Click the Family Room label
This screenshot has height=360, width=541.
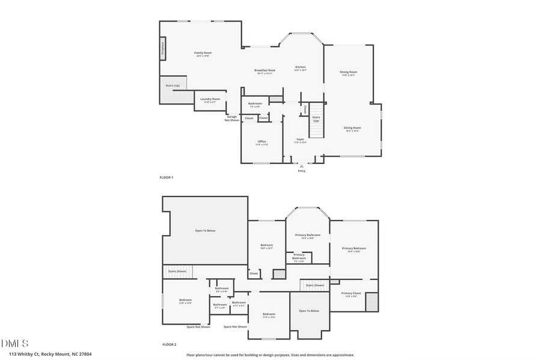click(x=203, y=53)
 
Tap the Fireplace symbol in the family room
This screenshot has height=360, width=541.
click(x=162, y=49)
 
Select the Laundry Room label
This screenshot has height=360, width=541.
click(x=210, y=99)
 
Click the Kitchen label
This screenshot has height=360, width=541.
click(x=300, y=67)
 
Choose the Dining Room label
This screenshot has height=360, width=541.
click(x=349, y=73)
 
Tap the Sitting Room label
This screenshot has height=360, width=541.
click(x=352, y=128)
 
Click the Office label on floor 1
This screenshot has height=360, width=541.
click(x=261, y=142)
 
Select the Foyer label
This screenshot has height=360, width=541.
click(x=300, y=139)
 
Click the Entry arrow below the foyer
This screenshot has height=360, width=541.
click(x=302, y=166)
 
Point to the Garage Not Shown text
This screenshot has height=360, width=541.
click(x=232, y=118)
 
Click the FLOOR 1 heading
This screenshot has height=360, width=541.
click(x=166, y=178)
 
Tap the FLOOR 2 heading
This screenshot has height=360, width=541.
click(x=169, y=345)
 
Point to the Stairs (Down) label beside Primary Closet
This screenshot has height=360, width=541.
click(x=315, y=285)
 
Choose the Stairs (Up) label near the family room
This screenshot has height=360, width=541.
click(x=173, y=85)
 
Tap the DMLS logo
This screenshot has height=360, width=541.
click(x=14, y=344)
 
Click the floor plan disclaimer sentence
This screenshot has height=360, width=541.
click(x=270, y=355)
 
